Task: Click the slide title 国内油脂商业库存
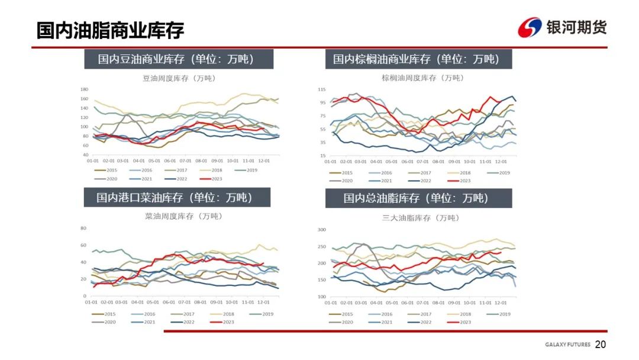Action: (110, 30)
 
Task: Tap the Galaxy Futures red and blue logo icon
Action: (530, 28)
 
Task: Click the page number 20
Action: (601, 345)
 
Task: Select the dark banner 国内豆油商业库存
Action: (177, 59)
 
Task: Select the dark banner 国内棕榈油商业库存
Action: (418, 59)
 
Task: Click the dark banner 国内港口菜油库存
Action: (176, 198)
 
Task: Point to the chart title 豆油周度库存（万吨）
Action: (178, 78)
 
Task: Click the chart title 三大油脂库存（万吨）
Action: (420, 218)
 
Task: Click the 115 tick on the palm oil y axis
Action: (322, 89)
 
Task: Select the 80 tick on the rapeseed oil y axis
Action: (83, 228)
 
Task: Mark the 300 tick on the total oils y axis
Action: (322, 229)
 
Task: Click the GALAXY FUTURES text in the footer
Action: (567, 345)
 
